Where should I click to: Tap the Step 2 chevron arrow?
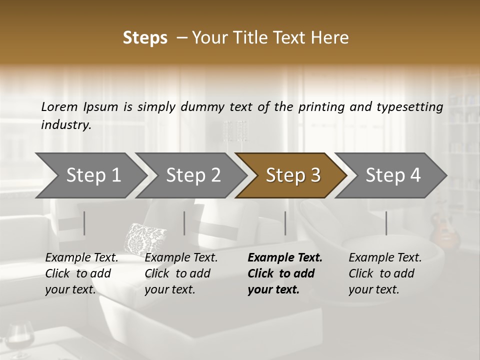[x=193, y=175]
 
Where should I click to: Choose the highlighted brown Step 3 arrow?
[x=292, y=175]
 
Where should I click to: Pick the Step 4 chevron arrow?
[x=392, y=175]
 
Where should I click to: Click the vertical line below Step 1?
[x=84, y=223]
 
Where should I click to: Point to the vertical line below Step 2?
[x=184, y=223]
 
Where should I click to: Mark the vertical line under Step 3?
[x=285, y=223]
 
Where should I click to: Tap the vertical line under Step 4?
[x=386, y=223]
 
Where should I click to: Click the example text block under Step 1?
[x=81, y=273]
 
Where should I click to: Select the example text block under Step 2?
[x=181, y=273]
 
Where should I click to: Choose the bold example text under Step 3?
[x=285, y=273]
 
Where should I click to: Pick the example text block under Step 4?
[x=385, y=273]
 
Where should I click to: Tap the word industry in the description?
[x=65, y=125]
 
